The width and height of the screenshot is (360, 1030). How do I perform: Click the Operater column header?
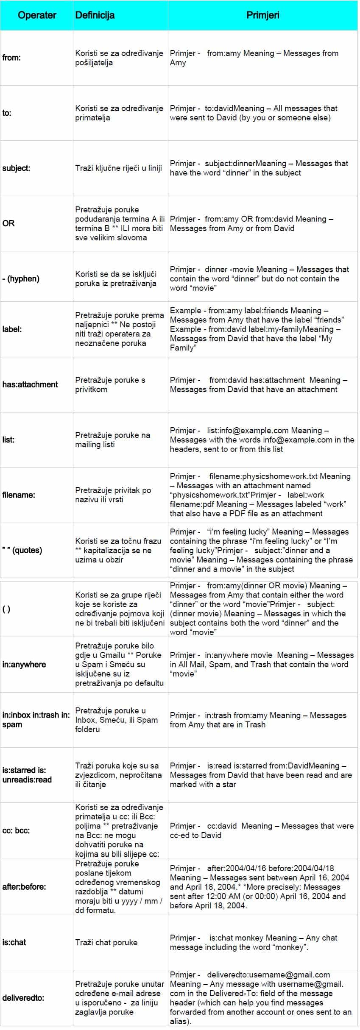(37, 15)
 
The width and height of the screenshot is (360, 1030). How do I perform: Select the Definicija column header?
(95, 15)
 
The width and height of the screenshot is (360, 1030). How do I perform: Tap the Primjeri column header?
(263, 15)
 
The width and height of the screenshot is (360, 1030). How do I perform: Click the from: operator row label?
(11, 58)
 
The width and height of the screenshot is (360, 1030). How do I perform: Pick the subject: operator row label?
(16, 168)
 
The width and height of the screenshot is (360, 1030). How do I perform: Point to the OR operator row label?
(8, 223)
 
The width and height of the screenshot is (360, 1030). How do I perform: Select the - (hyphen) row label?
(21, 278)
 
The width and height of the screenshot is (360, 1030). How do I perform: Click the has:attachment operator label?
(30, 384)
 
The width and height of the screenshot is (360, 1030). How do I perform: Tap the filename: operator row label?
(19, 495)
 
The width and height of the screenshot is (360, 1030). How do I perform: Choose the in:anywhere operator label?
(24, 664)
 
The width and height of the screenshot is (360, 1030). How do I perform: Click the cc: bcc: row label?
(16, 830)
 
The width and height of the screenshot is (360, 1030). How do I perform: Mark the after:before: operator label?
(24, 886)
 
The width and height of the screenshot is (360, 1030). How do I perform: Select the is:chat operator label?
(14, 942)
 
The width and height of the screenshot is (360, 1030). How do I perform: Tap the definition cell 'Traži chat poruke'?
(106, 942)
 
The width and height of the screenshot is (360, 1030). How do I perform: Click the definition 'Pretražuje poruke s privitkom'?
(110, 384)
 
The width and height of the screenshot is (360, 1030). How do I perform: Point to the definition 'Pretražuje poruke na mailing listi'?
(113, 440)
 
